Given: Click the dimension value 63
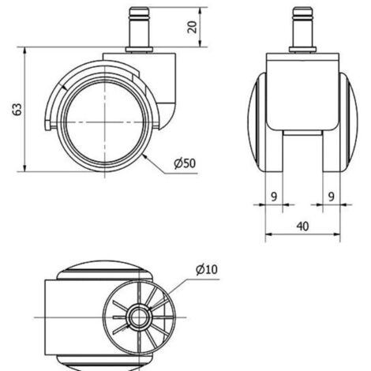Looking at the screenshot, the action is tap(17, 109).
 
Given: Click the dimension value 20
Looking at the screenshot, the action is tap(193, 27).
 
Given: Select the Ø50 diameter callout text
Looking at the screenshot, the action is tap(185, 163).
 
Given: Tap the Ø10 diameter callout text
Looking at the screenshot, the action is tap(207, 269).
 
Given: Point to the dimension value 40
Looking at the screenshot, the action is tap(302, 227).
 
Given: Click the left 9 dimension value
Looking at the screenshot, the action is tap(274, 197).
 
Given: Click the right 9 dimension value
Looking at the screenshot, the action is tap(332, 197).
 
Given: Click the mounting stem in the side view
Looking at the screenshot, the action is tap(139, 27).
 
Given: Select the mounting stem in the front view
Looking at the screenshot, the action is tap(302, 27).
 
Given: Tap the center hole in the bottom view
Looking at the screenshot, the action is tap(139, 317).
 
